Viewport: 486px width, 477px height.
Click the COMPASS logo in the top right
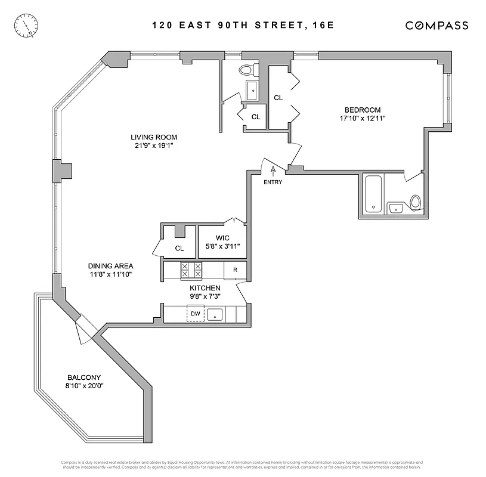[437, 25]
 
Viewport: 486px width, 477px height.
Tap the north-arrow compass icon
[27, 25]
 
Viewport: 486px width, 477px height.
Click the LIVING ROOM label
[154, 137]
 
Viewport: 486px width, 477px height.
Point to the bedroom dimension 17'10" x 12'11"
[362, 118]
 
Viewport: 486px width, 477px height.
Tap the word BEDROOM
[362, 110]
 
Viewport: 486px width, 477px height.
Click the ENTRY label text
[273, 182]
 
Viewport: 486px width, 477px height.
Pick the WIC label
[223, 237]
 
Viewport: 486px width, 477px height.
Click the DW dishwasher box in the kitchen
[195, 314]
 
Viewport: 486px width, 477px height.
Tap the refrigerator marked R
[236, 270]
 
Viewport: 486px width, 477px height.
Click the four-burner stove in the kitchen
[191, 270]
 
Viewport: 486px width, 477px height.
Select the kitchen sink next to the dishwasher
[215, 314]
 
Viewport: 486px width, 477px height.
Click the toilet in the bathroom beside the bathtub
[416, 203]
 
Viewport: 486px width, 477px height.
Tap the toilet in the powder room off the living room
[246, 70]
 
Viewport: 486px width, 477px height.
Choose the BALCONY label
[84, 377]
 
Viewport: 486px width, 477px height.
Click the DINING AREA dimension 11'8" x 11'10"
[110, 274]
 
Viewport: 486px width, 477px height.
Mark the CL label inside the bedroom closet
[278, 97]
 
